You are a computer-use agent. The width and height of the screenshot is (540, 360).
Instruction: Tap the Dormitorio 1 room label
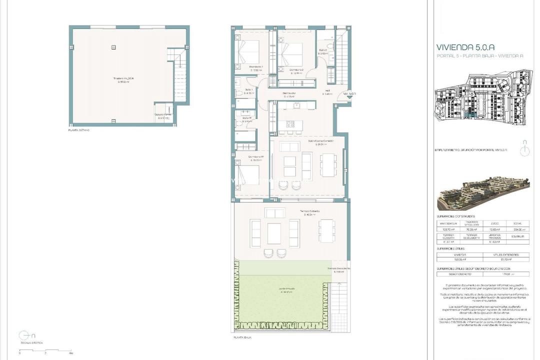click(256, 66)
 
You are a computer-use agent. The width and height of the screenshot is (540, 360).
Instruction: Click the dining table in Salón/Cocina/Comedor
click(328, 165)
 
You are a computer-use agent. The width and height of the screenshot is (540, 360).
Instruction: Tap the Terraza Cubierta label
click(309, 212)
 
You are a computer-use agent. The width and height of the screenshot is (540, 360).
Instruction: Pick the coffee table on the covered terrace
click(274, 233)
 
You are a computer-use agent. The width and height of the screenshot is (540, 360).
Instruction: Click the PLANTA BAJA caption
click(242, 338)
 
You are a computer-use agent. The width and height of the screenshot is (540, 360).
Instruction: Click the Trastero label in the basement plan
click(123, 78)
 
